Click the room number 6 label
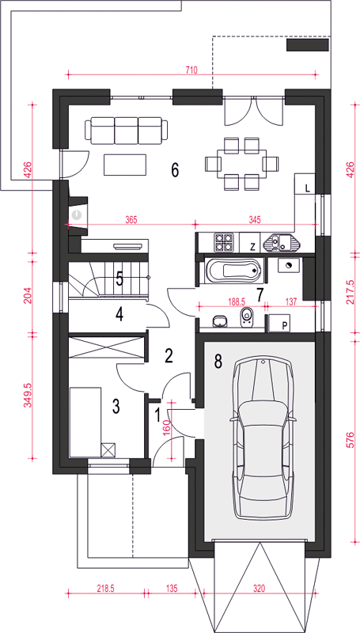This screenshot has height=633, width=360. pyautogui.click(x=175, y=170)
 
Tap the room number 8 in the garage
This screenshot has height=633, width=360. pyautogui.click(x=218, y=362)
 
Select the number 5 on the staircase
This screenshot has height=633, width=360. pyautogui.click(x=119, y=279)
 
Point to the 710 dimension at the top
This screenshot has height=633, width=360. pyautogui.click(x=191, y=70)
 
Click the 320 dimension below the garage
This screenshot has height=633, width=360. pyautogui.click(x=260, y=588)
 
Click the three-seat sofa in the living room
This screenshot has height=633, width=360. pyautogui.click(x=127, y=131)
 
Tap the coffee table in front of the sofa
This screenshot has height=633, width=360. pyautogui.click(x=125, y=165)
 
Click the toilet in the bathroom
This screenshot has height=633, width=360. pyautogui.click(x=246, y=318)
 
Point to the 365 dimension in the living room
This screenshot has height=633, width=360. pyautogui.click(x=131, y=220)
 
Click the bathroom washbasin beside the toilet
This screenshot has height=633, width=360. pyautogui.click(x=219, y=321)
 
